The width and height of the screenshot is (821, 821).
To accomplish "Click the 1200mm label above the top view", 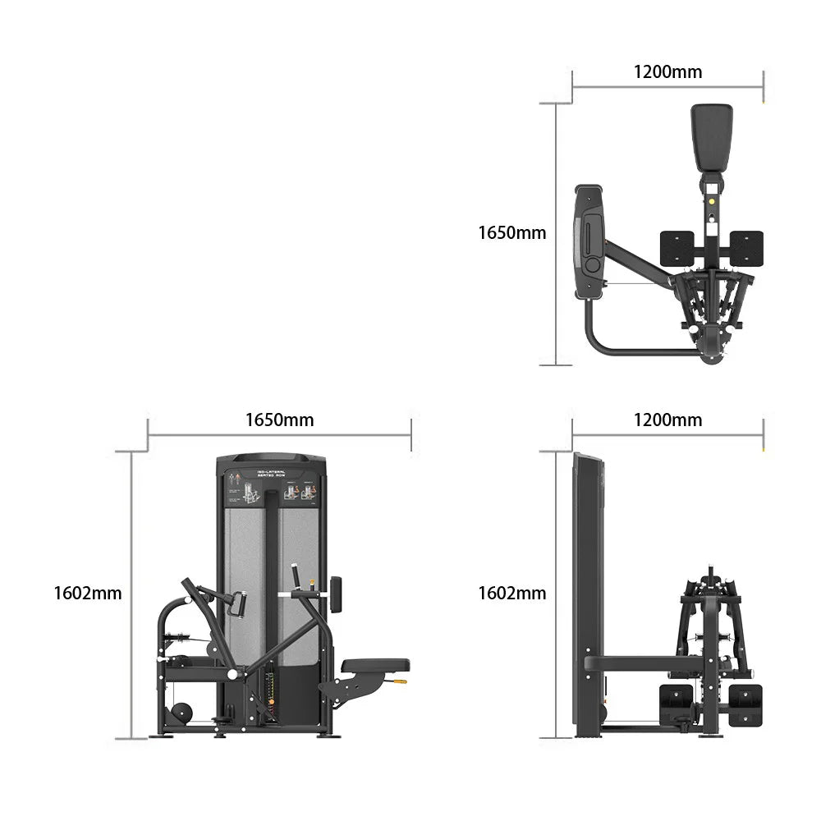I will (x=667, y=71).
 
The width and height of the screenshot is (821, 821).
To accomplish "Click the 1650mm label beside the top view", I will (x=511, y=233).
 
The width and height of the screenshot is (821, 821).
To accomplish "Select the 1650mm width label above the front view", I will (x=279, y=420).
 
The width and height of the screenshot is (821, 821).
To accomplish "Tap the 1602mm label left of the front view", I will (x=87, y=593).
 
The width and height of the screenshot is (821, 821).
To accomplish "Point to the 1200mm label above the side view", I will (x=667, y=420).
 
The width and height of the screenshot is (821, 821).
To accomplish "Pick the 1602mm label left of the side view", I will (x=511, y=593).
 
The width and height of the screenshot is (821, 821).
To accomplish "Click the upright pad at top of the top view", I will (x=711, y=137).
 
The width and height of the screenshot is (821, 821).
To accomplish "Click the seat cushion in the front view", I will (x=375, y=665).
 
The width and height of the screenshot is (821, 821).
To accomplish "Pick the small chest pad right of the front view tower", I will (x=336, y=594).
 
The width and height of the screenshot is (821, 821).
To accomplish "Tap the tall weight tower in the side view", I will (x=588, y=591).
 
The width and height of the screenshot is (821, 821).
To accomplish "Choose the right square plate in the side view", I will (x=745, y=699).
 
